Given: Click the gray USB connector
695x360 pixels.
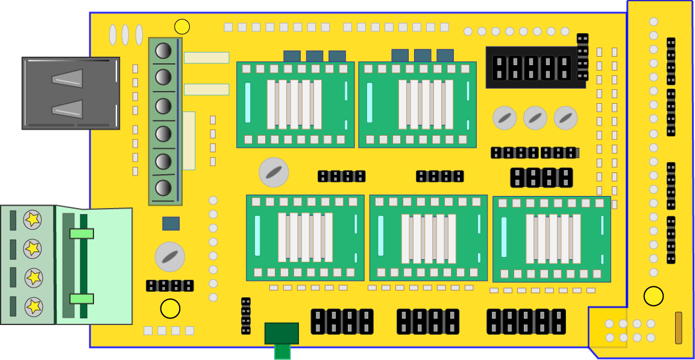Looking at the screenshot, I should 71,93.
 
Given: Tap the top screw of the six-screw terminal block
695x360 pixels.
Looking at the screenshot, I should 163,50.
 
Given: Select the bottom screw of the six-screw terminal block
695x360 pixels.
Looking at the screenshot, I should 163,188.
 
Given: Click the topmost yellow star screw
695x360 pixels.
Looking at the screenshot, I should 33,219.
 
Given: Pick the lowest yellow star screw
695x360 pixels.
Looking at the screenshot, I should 33,306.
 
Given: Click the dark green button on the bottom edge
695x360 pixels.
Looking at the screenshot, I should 281,333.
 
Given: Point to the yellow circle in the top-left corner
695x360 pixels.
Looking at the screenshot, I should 182,27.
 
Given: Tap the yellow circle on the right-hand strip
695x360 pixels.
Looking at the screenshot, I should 653,296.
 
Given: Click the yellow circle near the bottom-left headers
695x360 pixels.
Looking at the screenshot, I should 170,309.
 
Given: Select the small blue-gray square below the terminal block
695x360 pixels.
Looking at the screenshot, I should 171,224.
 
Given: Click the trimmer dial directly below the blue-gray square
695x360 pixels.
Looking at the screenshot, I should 170,257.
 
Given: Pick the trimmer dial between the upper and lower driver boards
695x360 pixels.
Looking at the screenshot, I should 274,172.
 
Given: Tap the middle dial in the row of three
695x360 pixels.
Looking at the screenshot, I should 535,118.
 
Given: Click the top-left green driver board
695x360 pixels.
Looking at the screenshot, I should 295,104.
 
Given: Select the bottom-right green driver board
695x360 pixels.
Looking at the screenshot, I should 552,239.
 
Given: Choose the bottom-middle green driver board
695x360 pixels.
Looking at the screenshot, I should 428,238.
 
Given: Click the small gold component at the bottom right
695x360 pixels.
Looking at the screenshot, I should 678,327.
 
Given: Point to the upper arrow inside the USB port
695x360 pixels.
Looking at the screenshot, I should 68,79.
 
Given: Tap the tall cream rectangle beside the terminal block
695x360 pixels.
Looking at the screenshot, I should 189,141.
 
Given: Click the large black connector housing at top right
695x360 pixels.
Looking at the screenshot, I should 535,68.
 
